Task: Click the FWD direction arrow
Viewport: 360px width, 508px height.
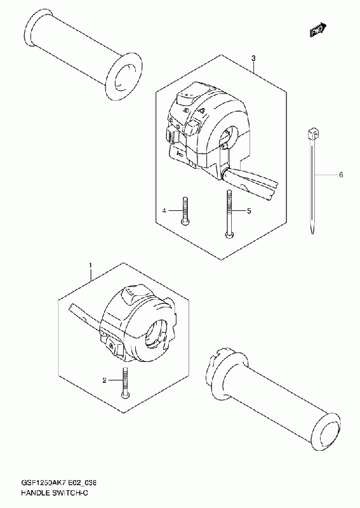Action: click(x=317, y=30)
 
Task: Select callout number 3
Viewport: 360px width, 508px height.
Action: click(x=254, y=58)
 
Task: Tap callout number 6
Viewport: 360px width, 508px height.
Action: click(x=340, y=175)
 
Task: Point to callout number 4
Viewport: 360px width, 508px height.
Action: click(x=164, y=211)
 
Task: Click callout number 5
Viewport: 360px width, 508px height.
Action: click(x=249, y=211)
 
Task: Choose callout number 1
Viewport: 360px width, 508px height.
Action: click(x=90, y=265)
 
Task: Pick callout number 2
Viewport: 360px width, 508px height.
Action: click(x=104, y=380)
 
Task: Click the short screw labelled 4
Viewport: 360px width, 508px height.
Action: click(x=185, y=210)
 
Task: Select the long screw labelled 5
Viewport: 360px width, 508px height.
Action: click(x=229, y=214)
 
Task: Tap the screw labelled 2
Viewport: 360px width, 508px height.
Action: click(x=125, y=383)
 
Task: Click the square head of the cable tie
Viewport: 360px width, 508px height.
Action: click(x=312, y=133)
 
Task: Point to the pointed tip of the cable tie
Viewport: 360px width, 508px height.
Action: click(x=312, y=232)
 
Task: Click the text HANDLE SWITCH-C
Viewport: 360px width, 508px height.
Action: click(x=55, y=493)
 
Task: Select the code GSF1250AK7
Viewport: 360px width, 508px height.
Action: click(x=43, y=483)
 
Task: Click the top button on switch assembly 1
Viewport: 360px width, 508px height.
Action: click(x=134, y=294)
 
